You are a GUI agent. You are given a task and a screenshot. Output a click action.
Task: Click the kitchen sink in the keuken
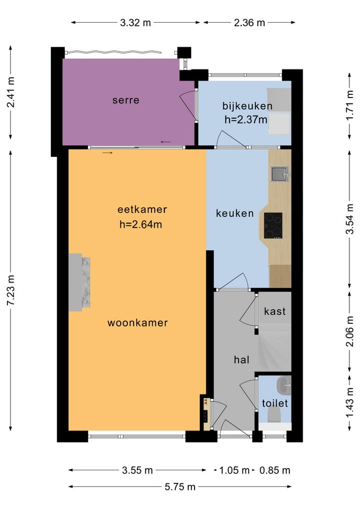[x=279, y=174]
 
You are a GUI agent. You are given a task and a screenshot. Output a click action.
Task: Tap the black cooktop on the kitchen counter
[x=273, y=226]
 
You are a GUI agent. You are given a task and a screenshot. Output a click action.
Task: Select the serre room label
[x=126, y=100]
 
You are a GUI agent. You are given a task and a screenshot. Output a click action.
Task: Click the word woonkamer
[x=138, y=323]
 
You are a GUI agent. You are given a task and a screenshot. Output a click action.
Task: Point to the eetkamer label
[x=142, y=209]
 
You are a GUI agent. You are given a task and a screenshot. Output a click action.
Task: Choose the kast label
[x=275, y=311]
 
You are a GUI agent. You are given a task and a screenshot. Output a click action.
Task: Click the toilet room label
[x=275, y=403]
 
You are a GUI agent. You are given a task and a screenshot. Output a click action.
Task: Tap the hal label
[x=242, y=359]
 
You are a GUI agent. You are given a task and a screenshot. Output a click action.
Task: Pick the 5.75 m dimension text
[x=180, y=487]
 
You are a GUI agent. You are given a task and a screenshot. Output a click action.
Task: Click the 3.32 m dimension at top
[x=135, y=23]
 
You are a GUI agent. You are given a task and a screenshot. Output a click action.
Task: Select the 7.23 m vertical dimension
[x=11, y=290]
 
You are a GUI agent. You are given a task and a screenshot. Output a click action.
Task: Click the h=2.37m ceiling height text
[x=245, y=120]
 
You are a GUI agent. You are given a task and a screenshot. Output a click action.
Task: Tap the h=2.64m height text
[x=141, y=224]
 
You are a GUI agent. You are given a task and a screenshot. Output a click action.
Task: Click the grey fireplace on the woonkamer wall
[x=79, y=283]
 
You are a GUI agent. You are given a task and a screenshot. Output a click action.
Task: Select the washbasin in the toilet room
[x=284, y=384]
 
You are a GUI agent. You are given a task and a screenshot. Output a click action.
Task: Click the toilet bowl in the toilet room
[x=274, y=415]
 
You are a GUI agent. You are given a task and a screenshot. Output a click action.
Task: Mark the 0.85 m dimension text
[x=275, y=470]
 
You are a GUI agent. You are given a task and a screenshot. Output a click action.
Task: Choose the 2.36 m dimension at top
[x=249, y=23]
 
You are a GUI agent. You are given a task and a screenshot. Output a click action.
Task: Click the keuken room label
[x=235, y=213]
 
